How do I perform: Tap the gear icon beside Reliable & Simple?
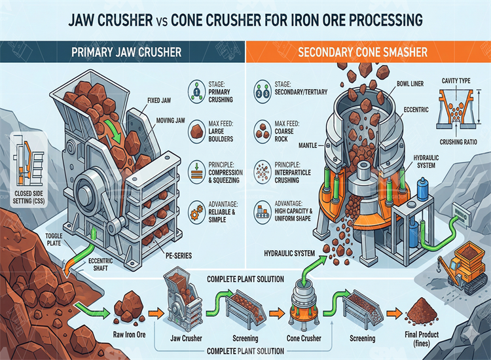(x=195, y=213)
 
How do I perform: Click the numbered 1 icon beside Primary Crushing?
(x=195, y=91)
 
